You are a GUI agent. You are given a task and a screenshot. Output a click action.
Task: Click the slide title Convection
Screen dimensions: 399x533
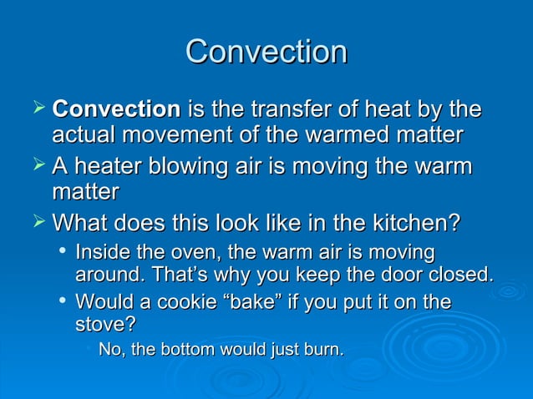pos(266,52)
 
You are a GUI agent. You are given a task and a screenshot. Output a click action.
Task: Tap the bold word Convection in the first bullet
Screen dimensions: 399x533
pos(116,110)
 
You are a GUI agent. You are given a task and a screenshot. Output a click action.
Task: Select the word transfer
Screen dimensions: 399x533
pos(282,110)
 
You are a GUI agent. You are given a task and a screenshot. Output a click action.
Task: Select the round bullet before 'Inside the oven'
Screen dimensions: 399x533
pos(62,251)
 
